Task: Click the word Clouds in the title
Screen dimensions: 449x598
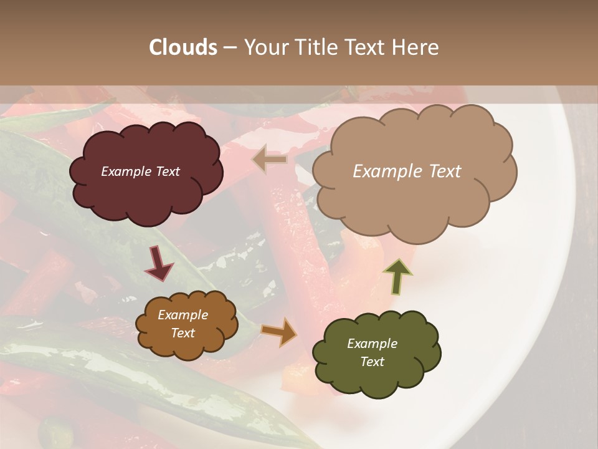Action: pos(183,47)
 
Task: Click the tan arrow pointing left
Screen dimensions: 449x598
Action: pos(269,160)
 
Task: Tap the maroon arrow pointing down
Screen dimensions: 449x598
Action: pos(159,264)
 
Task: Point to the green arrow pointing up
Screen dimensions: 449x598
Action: pos(397,275)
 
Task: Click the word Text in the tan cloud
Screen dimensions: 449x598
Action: pos(441,171)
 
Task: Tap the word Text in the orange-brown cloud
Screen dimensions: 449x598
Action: pos(183,333)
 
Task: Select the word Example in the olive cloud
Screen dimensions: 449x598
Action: pos(372,344)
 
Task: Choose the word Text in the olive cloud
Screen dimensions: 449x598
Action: pos(372,362)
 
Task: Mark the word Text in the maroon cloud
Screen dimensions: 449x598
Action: pos(167,171)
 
